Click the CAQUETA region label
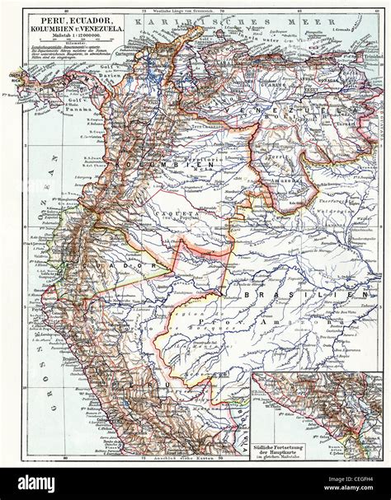click(x=168, y=209)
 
